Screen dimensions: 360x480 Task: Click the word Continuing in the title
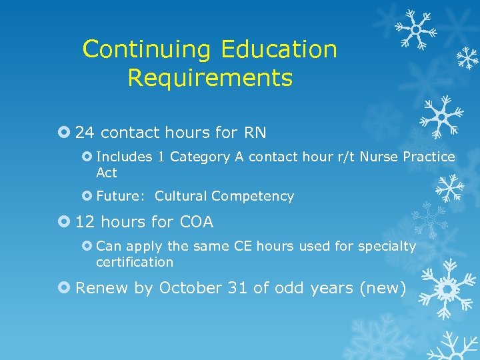[x=146, y=50]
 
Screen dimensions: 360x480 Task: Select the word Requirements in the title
[x=210, y=78]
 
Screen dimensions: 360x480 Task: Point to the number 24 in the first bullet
[x=85, y=133]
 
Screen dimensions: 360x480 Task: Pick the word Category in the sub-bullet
[x=198, y=157]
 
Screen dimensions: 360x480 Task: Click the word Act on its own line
[x=107, y=173]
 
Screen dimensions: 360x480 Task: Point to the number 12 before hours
[x=85, y=222]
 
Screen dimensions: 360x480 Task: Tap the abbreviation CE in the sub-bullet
[x=242, y=246]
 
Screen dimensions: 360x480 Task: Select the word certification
[x=135, y=262]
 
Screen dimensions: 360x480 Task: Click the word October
[x=190, y=288]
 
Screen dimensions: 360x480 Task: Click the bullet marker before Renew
[x=65, y=288]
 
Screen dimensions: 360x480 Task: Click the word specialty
[x=387, y=247]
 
